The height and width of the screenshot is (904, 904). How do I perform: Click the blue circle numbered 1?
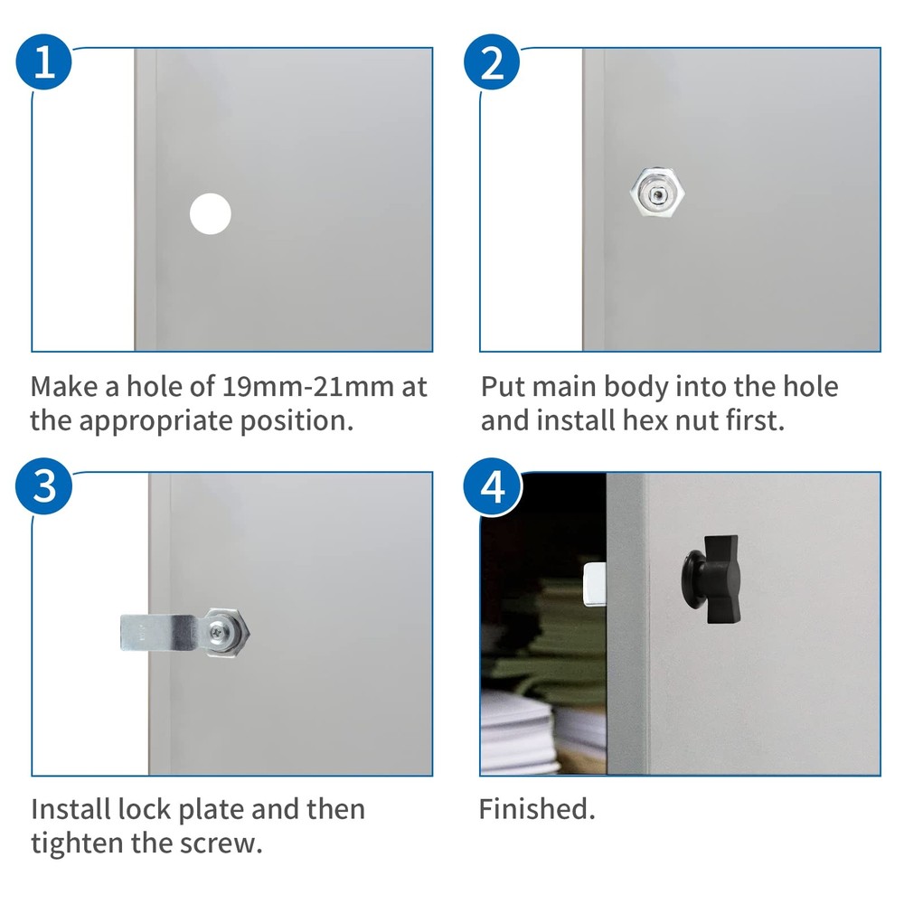[x=43, y=61]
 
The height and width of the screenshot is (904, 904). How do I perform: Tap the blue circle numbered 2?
[x=492, y=61]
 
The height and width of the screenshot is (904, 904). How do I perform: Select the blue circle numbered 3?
[x=43, y=486]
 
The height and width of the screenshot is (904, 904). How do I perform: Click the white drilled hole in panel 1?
[x=211, y=214]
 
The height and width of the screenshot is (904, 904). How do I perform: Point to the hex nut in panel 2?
[x=657, y=193]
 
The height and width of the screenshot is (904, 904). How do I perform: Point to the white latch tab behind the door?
[x=595, y=583]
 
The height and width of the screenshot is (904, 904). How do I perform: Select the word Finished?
[x=537, y=809]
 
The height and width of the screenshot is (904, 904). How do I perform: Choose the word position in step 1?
[x=296, y=421]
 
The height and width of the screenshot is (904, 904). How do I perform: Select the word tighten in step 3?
[x=77, y=844]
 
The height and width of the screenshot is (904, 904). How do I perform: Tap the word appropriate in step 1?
[x=155, y=421]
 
